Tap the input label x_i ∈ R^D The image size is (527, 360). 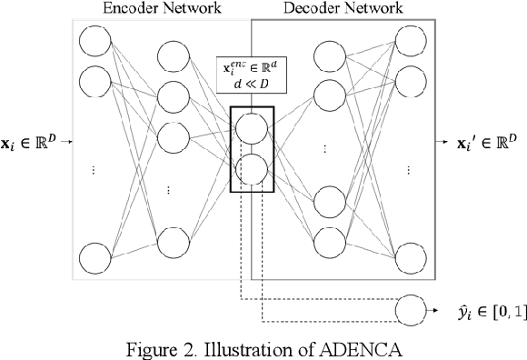coord(30,143)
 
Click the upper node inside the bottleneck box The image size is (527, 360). coord(251,126)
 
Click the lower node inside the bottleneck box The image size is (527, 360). coord(251,170)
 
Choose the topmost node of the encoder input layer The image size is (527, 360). coord(94,41)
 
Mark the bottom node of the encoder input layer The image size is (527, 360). coord(94,257)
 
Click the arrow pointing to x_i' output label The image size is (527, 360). coord(442,143)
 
